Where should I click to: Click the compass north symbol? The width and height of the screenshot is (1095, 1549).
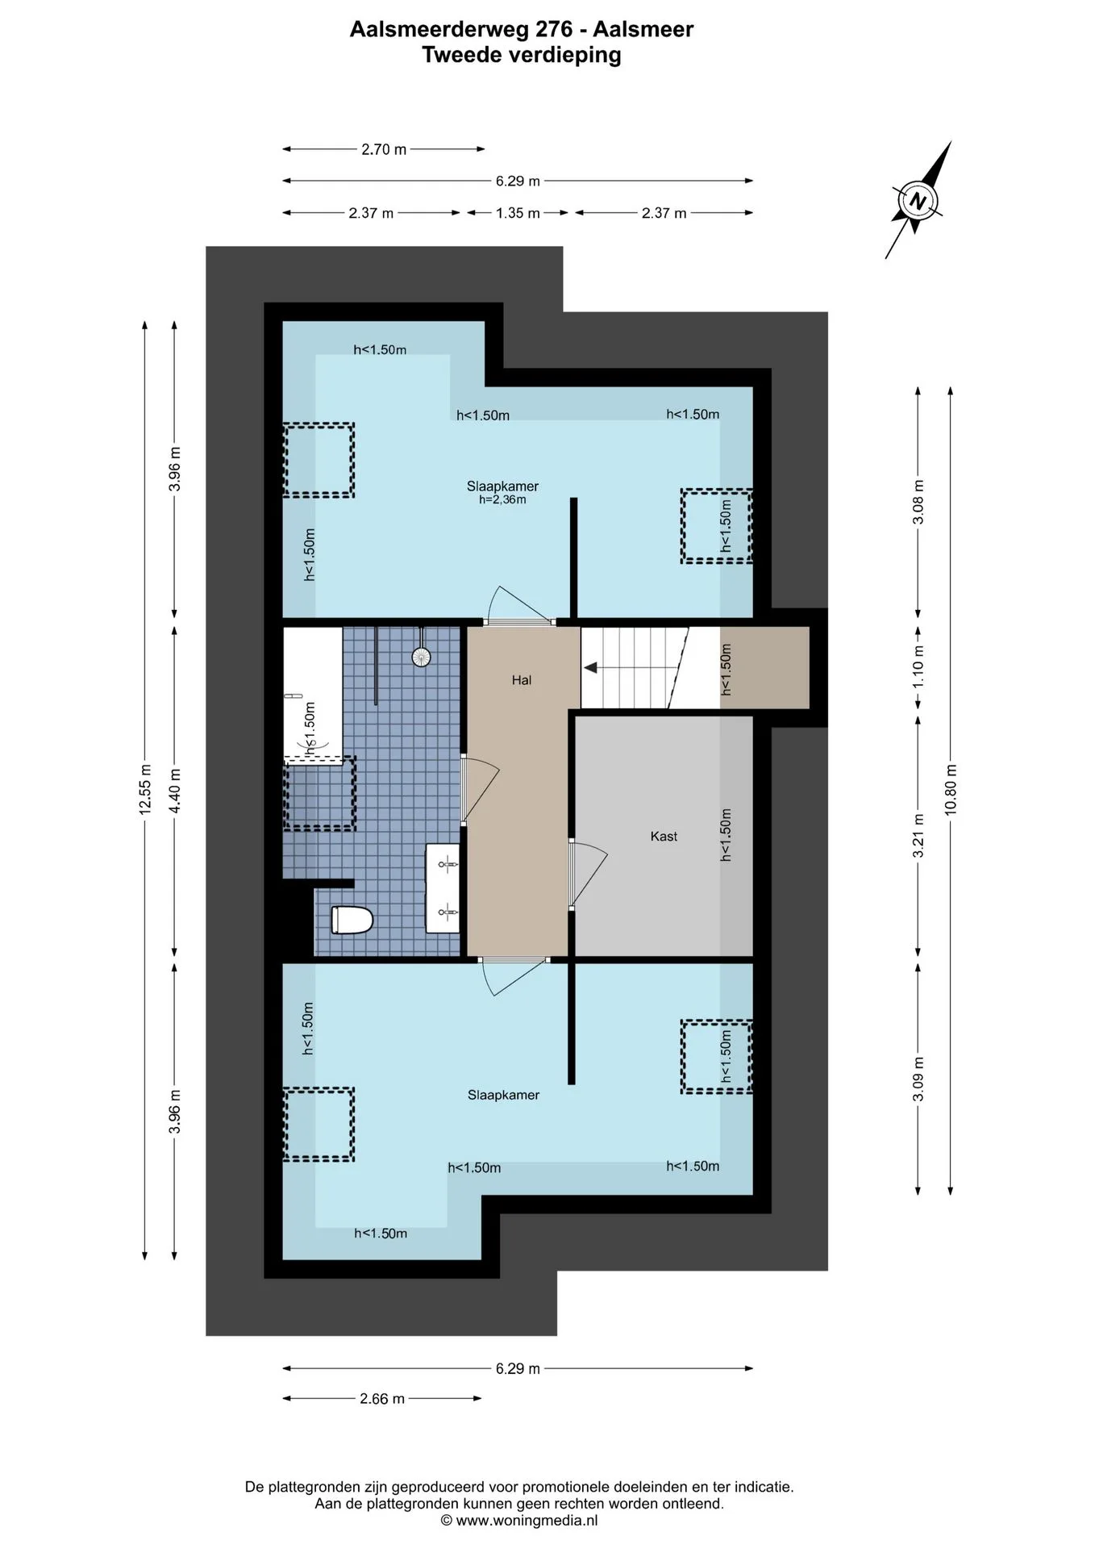pyautogui.click(x=918, y=200)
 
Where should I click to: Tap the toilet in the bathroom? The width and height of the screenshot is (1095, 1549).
pyautogui.click(x=352, y=920)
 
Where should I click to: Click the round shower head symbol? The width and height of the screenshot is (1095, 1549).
pyautogui.click(x=421, y=657)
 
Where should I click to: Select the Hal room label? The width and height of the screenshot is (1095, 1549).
pyautogui.click(x=522, y=680)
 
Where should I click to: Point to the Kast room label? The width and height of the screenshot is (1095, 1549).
pyautogui.click(x=664, y=837)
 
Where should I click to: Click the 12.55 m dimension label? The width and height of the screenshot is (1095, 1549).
pyautogui.click(x=145, y=789)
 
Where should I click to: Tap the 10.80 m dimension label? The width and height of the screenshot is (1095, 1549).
pyautogui.click(x=951, y=789)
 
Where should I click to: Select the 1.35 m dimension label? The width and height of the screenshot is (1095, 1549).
pyautogui.click(x=518, y=213)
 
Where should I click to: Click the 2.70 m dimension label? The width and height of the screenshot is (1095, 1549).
pyautogui.click(x=384, y=149)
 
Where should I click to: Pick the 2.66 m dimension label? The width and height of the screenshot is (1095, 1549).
pyautogui.click(x=382, y=1399)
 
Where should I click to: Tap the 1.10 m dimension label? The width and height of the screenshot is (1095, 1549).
pyautogui.click(x=918, y=669)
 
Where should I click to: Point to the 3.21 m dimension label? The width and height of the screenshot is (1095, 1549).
pyautogui.click(x=918, y=837)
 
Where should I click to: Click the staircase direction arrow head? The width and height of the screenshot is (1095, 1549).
pyautogui.click(x=590, y=668)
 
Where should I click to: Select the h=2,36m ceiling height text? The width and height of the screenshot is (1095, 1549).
pyautogui.click(x=502, y=500)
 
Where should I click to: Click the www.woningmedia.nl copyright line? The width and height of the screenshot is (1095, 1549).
pyautogui.click(x=519, y=1521)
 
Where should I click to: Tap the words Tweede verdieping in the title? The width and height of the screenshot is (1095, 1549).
pyautogui.click(x=522, y=55)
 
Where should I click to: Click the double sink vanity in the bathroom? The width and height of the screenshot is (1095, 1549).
pyautogui.click(x=443, y=888)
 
